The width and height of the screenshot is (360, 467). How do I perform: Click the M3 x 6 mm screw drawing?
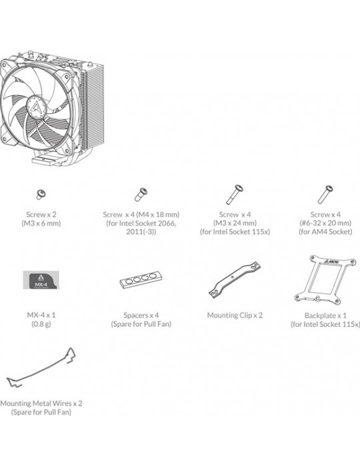[x=41, y=194]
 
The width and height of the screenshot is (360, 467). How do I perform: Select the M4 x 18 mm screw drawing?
[x=141, y=194]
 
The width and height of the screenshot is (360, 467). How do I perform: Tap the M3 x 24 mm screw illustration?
[x=235, y=195]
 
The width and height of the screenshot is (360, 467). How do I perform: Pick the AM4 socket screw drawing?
[x=325, y=195]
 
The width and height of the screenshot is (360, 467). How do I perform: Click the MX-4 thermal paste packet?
[x=41, y=280]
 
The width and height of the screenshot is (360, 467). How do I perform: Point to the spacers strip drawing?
[x=141, y=280]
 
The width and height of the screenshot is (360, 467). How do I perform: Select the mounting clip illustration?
[x=235, y=280]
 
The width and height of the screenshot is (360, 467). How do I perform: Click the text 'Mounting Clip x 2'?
[x=235, y=315]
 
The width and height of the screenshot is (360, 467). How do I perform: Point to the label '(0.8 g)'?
[x=41, y=324]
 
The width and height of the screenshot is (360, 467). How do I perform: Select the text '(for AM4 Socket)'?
[x=325, y=231]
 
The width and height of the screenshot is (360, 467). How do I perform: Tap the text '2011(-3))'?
[x=141, y=231]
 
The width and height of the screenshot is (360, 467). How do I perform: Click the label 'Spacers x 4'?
[x=141, y=315]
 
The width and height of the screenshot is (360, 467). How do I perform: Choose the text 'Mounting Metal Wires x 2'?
[x=41, y=403]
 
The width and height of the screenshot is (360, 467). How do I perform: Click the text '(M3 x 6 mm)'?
[x=41, y=223]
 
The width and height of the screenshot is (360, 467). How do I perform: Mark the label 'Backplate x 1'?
[x=325, y=316]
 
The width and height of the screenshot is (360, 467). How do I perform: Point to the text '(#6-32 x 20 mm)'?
[x=325, y=223]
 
